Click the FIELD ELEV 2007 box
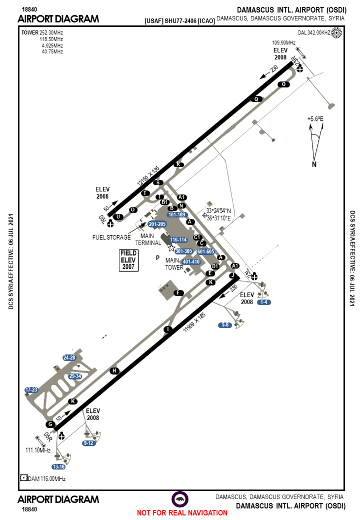point(128,260)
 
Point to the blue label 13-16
point(58,467)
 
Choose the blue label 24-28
point(69,357)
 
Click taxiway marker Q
point(257,99)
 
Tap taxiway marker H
point(115,371)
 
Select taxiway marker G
point(50,424)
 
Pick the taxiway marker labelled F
point(178,293)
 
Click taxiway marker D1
point(215,266)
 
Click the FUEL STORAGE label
point(111,237)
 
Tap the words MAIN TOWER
point(174,264)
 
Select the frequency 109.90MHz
point(284,43)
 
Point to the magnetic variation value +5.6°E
point(315,118)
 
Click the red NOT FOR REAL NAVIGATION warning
point(182,513)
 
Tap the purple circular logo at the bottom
point(180,498)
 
